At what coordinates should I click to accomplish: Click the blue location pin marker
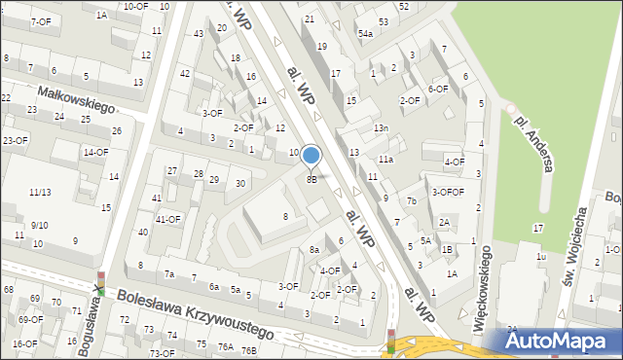point(311,156)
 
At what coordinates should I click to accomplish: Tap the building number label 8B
point(311,179)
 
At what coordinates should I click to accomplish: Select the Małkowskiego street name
point(76,98)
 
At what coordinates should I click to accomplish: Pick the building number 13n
point(381,128)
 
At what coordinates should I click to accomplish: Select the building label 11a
point(386,159)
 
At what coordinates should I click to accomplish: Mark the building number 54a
point(365,33)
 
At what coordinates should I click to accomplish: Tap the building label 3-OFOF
point(448,192)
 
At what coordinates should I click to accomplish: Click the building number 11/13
point(40,193)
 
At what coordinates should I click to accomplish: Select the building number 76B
point(249,350)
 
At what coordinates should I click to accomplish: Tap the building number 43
point(199,34)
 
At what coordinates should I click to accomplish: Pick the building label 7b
point(412,201)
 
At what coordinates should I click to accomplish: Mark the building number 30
point(239,183)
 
